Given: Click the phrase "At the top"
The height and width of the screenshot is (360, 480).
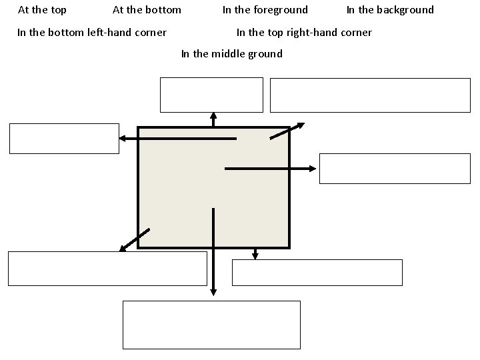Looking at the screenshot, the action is (42, 10).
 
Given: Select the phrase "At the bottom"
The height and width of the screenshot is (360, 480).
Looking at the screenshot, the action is (147, 10).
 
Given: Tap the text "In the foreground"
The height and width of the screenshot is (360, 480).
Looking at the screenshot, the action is (265, 10).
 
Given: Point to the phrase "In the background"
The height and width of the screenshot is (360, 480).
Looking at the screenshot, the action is (390, 10).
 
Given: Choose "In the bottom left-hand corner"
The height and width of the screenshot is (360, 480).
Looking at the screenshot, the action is (92, 33).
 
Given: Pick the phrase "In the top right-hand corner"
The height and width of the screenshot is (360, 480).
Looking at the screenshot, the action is (304, 33).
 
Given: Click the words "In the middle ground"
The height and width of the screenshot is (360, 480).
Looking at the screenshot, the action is (232, 54).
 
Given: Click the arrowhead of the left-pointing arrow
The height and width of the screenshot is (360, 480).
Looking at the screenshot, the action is (123, 139).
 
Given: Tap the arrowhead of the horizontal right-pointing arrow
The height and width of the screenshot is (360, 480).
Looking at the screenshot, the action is (312, 169).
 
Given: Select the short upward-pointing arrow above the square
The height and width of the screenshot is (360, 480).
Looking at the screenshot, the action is (213, 119).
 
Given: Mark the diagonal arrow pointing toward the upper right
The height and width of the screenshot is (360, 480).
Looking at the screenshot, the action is (287, 131).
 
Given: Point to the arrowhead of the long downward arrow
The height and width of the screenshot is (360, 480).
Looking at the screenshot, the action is (213, 291).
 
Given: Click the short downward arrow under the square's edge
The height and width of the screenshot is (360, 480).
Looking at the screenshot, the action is (255, 253).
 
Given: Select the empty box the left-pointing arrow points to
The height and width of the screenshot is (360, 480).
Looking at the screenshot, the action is (64, 139).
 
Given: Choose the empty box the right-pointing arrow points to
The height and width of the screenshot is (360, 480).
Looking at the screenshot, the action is (395, 168).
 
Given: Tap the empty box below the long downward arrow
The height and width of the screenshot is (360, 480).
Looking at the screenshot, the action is (212, 325).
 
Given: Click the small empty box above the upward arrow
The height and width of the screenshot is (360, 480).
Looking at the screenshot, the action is (211, 95).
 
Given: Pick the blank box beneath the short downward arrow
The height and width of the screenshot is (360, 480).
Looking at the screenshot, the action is (317, 272).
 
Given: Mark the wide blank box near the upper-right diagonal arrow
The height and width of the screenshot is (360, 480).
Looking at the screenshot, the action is (370, 95).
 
